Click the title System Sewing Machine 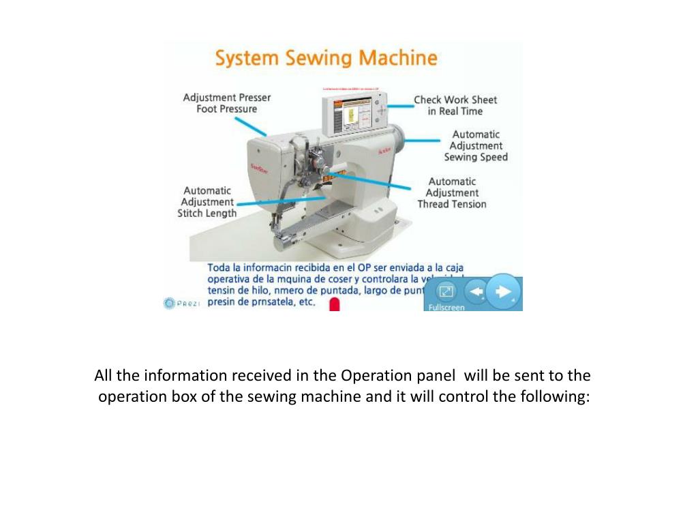tap(326, 58)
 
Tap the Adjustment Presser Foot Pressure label tap(227, 103)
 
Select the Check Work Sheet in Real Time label tap(455, 105)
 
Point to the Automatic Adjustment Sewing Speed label tap(476, 145)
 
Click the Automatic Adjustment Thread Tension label tap(452, 192)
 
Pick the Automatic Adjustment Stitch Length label tap(207, 202)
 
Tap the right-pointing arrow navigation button tap(504, 292)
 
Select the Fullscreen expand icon tap(445, 292)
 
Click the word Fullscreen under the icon tap(446, 307)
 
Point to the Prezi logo tap(182, 303)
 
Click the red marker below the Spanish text tap(335, 304)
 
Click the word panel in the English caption tap(436, 376)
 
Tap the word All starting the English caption tap(103, 376)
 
